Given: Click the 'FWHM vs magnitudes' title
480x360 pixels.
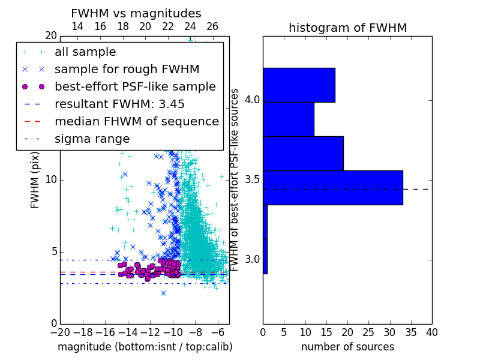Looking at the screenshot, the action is [x=136, y=13].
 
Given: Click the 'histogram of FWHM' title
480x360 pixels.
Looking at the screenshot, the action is [x=348, y=28].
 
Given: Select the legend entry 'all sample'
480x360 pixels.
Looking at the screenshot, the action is [x=85, y=52].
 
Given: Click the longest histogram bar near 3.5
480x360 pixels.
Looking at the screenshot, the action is [x=333, y=188].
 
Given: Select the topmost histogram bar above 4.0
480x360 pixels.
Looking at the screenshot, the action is [x=299, y=85].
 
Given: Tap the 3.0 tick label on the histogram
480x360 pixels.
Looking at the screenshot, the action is [x=252, y=260].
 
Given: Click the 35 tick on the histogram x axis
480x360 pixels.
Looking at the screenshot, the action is [x=411, y=332].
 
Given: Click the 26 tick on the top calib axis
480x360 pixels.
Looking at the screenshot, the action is [x=212, y=26].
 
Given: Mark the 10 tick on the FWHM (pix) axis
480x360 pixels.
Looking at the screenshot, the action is [x=51, y=179].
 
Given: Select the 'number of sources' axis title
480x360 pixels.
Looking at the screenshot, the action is [x=348, y=347].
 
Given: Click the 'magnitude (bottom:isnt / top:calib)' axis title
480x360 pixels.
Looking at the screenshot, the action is [x=145, y=347].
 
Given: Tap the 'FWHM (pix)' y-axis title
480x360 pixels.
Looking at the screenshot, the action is [x=35, y=181].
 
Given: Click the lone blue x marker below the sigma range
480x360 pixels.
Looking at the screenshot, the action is [x=163, y=293].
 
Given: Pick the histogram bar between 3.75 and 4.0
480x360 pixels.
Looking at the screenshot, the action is [x=289, y=119].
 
